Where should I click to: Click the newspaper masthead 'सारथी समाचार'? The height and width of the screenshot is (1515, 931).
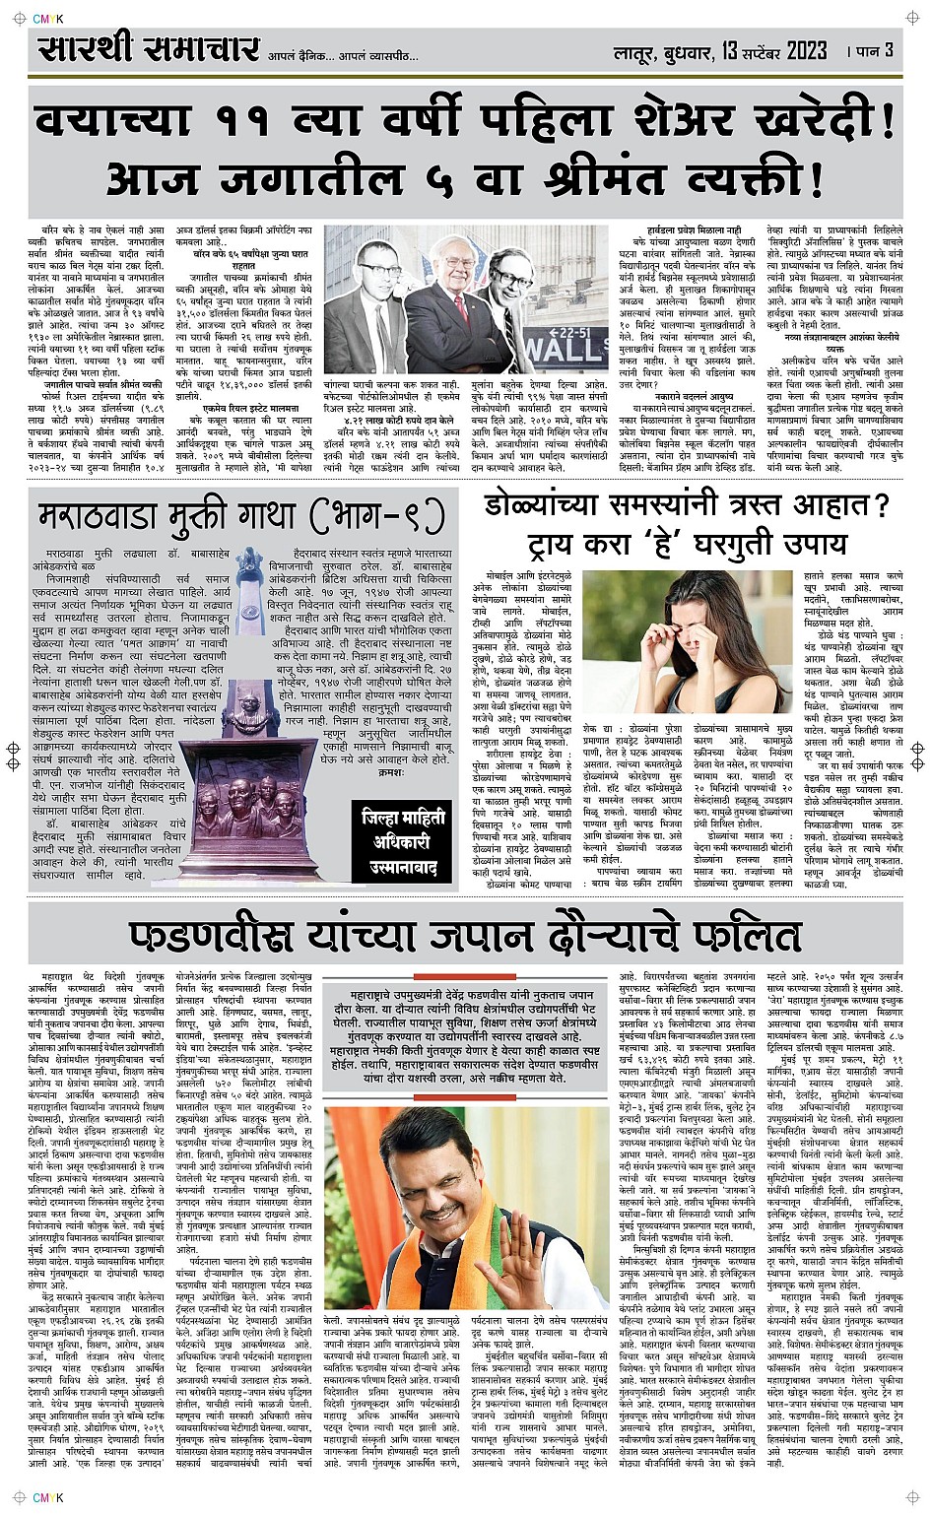coord(149,51)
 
